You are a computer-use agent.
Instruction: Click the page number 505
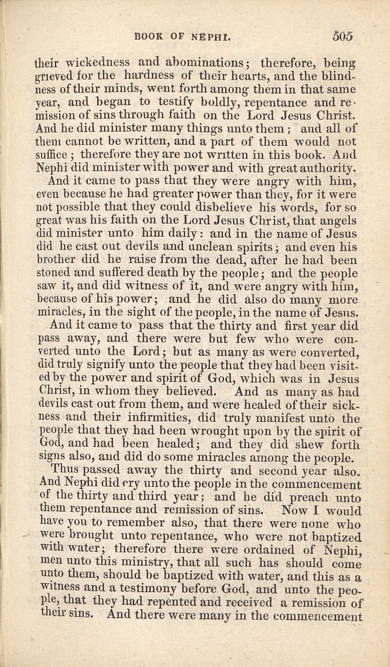tap(342, 36)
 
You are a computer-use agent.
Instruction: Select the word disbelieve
tap(225, 207)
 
